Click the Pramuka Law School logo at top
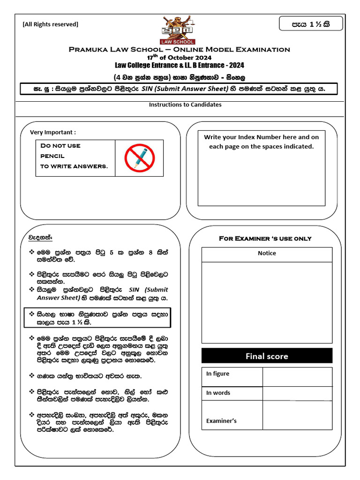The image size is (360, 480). click(179, 29)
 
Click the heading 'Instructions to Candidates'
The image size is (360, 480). click(185, 105)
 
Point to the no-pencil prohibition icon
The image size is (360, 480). click(139, 157)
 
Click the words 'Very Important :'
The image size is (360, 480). click(53, 132)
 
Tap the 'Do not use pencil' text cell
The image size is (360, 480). click(75, 156)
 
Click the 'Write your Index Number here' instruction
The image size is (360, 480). click(261, 142)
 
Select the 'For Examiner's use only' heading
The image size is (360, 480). click(265, 239)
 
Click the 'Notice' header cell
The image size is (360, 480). click(267, 253)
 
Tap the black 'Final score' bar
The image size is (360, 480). click(267, 356)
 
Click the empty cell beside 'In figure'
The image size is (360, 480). click(297, 376)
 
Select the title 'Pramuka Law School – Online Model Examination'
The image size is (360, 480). click(180, 49)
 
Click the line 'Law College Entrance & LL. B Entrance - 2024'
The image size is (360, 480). click(180, 65)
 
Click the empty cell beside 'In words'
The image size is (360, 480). click(297, 393)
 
